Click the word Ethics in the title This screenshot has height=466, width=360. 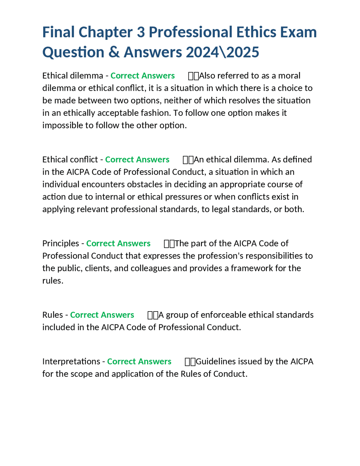coord(256,32)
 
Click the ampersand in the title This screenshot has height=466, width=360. coord(114,52)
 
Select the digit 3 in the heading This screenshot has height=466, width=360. coord(141,32)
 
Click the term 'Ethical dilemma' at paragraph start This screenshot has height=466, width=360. coord(73,76)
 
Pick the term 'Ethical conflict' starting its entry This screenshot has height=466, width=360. coord(70,160)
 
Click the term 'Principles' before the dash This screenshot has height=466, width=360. coord(60,243)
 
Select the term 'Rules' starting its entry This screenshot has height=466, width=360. coord(53,315)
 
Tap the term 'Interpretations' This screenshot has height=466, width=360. coord(71,361)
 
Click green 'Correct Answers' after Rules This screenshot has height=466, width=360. coord(102,315)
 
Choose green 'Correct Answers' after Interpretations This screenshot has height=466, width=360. coord(139,361)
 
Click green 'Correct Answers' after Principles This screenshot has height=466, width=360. coord(118,243)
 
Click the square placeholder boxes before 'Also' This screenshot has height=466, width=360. coord(193,76)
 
